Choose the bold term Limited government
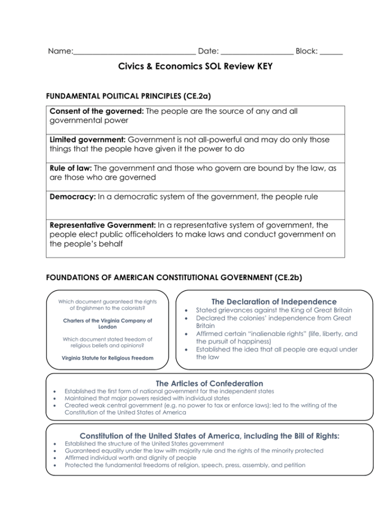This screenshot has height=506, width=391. tap(87, 140)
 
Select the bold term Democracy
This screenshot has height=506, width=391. tap(73, 197)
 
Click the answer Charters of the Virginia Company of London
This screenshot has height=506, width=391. tap(108, 323)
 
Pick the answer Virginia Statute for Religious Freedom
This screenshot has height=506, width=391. tap(108, 358)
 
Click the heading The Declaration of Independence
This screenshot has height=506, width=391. tap(274, 302)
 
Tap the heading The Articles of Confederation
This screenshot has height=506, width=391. tap(209, 383)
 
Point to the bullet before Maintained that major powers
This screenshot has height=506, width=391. tap(55, 398)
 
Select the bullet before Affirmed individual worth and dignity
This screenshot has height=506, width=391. tap(55, 458)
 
